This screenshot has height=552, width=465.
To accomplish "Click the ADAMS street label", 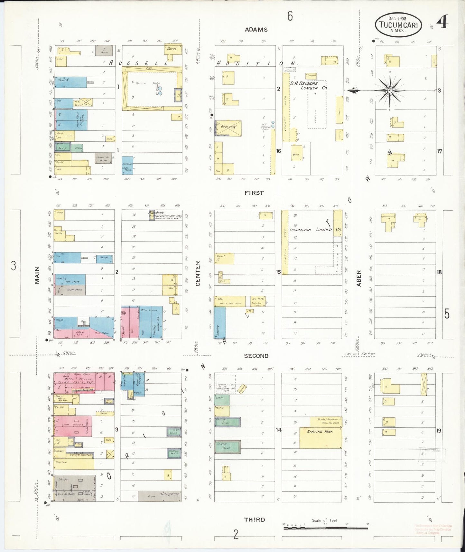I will [x=256, y=30].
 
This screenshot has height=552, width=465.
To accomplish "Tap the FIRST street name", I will [x=254, y=193].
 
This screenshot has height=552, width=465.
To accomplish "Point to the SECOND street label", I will [x=256, y=356].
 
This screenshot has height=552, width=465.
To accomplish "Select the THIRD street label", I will [x=254, y=519].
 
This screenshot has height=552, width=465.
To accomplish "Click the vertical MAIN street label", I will [x=37, y=275].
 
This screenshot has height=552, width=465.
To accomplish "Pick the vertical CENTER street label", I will [x=198, y=273].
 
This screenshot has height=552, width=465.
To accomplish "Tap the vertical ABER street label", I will [x=359, y=278].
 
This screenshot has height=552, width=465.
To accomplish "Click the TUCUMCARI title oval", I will [x=398, y=25].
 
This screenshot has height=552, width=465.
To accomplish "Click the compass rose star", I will [x=390, y=91].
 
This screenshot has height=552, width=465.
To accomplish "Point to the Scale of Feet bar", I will [x=325, y=528].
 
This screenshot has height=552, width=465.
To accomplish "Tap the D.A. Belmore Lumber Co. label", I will [x=308, y=85].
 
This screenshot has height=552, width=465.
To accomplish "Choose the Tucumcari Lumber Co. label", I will [x=315, y=230].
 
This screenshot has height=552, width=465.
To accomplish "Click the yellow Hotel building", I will [x=172, y=49].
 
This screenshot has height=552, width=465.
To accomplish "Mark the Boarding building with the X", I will [x=228, y=128].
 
